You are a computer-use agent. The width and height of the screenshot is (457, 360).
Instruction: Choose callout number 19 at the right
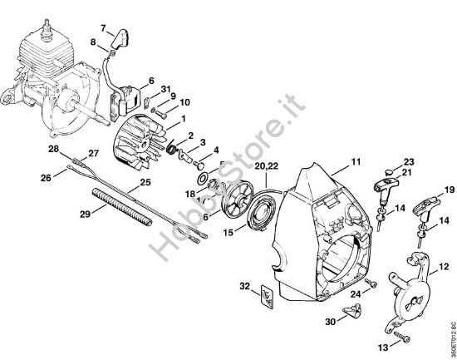point(449,190)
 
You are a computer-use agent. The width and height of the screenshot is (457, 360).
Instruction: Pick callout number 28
point(52,149)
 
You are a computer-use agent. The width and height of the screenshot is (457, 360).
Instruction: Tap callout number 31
point(165,90)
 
